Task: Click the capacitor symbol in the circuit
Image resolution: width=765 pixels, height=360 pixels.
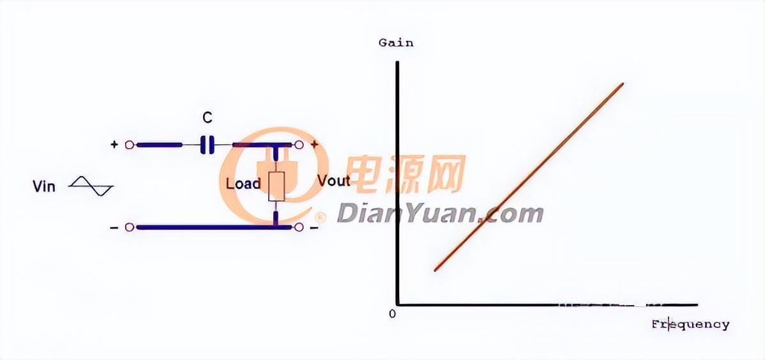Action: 206,145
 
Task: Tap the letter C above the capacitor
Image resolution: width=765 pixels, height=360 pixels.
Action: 207,118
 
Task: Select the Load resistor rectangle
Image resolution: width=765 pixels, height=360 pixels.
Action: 276,186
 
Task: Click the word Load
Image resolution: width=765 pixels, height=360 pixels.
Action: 243,184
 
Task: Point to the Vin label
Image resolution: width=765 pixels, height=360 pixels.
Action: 44,186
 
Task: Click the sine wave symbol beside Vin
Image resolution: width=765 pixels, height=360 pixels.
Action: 91,186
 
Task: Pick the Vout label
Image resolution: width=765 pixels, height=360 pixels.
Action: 333,181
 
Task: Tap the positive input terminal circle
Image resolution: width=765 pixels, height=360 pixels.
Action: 130,145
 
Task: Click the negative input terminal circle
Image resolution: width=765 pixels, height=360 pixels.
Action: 130,227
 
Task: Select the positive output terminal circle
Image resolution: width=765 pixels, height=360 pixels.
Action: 298,145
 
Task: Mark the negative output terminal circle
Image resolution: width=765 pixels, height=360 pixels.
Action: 298,227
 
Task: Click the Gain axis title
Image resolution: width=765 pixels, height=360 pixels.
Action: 396,43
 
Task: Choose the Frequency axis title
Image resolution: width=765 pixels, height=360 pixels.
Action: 690,324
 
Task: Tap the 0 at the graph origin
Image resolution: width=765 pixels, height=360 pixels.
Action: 392,313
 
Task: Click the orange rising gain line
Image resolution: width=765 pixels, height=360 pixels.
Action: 528,177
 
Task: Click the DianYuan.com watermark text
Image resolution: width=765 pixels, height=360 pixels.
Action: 440,213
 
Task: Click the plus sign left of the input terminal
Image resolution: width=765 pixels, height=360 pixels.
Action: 114,145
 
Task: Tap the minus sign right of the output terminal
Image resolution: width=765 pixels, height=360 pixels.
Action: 314,227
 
